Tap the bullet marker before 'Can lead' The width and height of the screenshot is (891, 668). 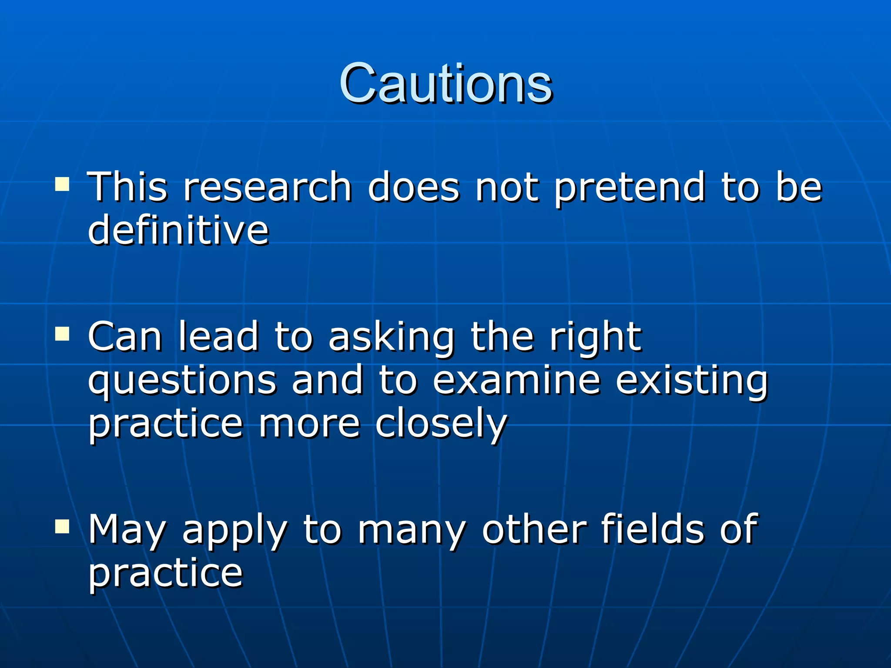pyautogui.click(x=62, y=334)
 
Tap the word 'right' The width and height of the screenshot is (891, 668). pyautogui.click(x=595, y=337)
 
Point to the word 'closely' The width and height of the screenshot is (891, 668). pyautogui.click(x=441, y=424)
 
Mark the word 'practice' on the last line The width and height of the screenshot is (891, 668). pyautogui.click(x=165, y=573)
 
